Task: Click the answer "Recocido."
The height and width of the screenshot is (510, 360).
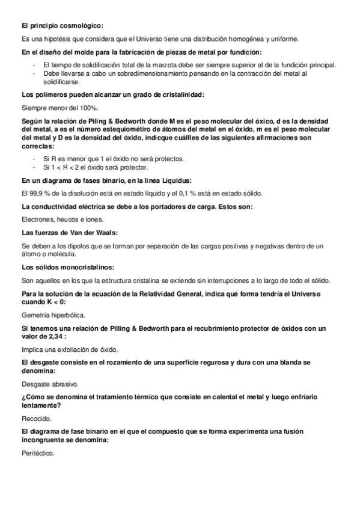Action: point(36,418)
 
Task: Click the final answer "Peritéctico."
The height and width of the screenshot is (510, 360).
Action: point(38,453)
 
